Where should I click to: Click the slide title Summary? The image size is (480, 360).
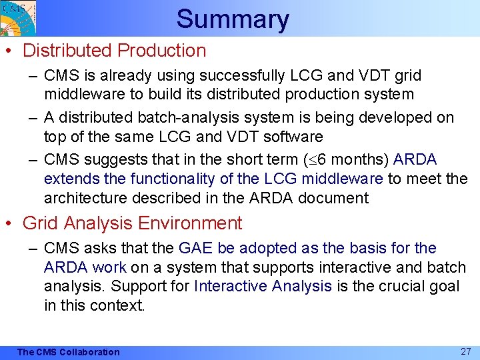233,19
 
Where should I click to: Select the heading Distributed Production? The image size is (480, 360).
114,51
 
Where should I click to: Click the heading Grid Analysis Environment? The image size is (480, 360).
132,223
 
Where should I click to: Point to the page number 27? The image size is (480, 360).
466,351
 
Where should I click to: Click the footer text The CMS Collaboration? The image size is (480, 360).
68,352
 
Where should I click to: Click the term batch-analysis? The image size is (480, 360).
183,117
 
